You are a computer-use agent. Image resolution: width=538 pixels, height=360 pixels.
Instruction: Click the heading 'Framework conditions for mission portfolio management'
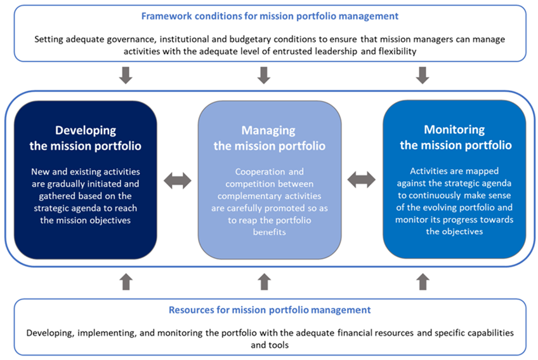[269, 16]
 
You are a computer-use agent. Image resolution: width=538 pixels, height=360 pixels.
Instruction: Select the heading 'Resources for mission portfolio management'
[269, 310]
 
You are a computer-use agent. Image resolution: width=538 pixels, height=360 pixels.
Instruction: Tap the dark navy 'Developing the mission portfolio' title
[86, 138]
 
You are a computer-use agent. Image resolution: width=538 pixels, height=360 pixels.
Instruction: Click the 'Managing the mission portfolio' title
[269, 138]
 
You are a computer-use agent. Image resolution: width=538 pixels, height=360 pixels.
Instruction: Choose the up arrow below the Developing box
[126, 281]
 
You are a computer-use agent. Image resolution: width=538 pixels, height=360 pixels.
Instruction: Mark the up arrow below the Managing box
[265, 281]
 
